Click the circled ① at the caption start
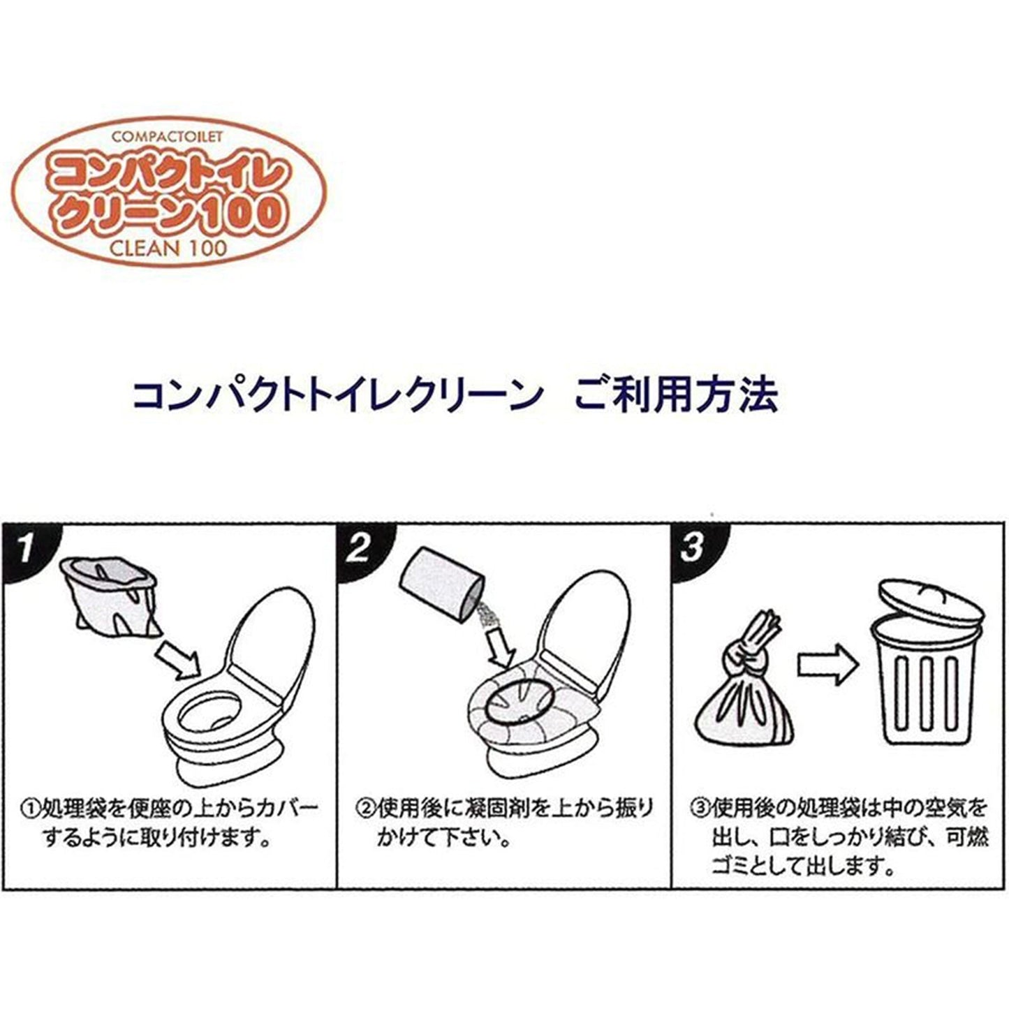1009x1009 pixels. tap(30, 809)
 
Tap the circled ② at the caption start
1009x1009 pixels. tap(364, 809)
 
